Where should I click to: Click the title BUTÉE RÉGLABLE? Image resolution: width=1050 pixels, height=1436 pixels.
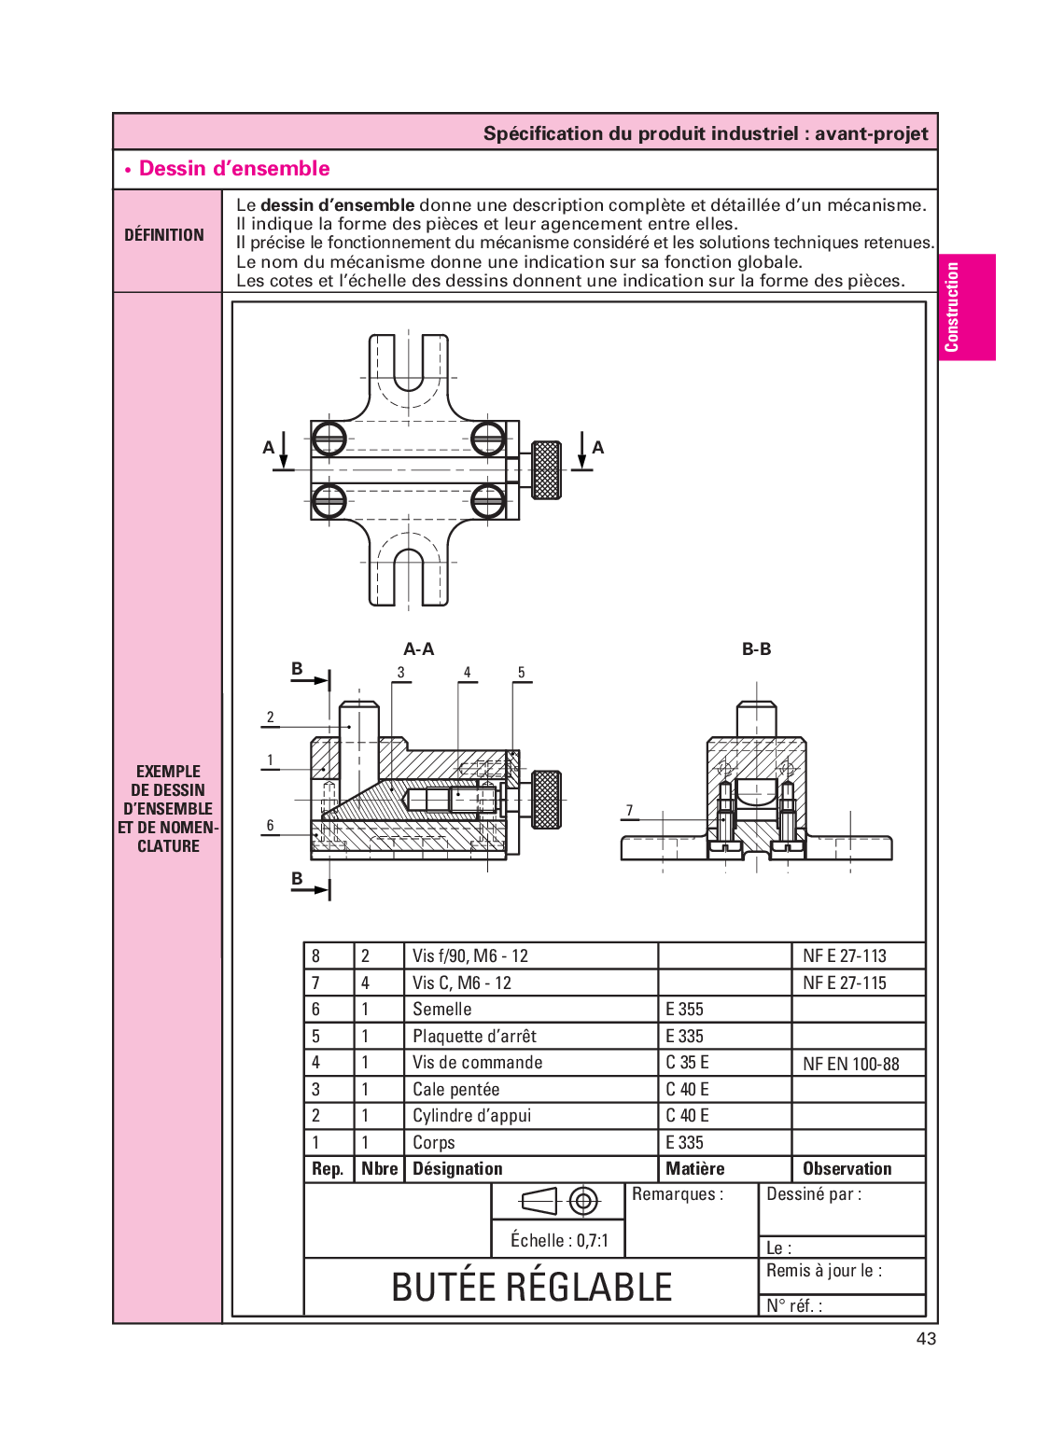point(531,1287)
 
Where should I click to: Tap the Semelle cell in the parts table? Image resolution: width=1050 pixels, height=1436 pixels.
point(442,1009)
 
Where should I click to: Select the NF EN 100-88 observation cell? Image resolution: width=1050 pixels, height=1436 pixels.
point(850,1064)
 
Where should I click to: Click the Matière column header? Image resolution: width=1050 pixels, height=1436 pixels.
point(694,1168)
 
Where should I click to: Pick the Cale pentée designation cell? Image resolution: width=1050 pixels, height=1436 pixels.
point(455,1089)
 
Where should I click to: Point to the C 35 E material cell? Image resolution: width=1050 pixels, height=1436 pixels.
point(687,1062)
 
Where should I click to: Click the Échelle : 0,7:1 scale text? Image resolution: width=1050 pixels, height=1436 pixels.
point(558,1240)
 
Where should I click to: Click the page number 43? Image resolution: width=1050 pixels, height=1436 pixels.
point(925,1338)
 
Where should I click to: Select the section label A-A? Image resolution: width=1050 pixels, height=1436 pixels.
point(418,648)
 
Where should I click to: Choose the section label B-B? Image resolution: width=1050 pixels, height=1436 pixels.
point(756,648)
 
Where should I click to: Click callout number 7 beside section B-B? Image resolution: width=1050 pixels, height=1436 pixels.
point(629,810)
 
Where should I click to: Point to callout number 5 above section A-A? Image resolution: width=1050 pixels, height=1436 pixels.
point(521,672)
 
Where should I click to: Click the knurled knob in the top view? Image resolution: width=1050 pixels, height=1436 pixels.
point(546,469)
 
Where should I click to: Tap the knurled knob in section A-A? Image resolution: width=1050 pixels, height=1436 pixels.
point(546,799)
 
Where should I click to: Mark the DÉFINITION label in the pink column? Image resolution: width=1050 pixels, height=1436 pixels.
point(164,235)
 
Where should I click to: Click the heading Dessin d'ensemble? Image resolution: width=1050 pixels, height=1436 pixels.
point(233,169)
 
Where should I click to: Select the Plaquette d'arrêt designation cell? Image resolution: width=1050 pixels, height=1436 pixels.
point(474,1036)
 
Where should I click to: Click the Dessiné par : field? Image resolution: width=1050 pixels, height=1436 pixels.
point(813,1194)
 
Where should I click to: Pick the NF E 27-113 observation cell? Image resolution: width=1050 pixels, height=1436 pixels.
point(844,955)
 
